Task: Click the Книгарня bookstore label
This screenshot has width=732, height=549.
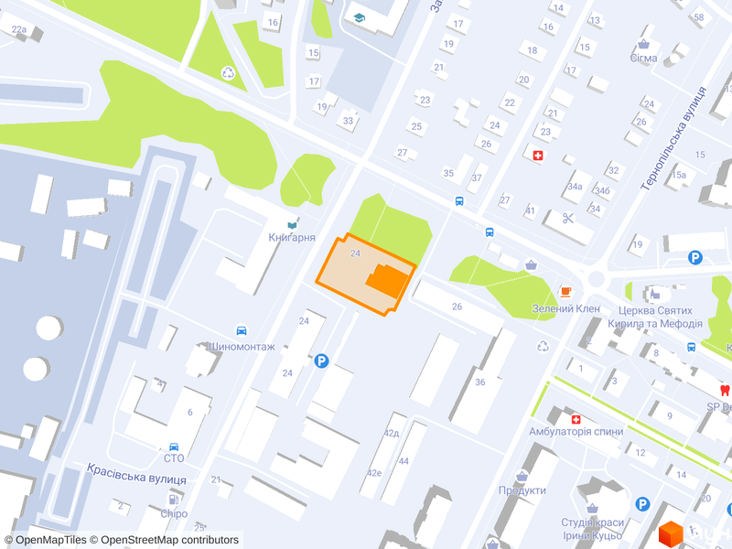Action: coord(292,238)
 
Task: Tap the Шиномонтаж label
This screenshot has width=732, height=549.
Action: coord(242,347)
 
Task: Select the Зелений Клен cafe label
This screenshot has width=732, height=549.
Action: coord(565,308)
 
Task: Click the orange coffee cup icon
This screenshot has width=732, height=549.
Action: coord(565,292)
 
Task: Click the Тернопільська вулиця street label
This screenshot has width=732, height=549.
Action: coord(674,138)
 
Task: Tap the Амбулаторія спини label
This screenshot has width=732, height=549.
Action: coord(576,432)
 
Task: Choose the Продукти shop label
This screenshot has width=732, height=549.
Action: coord(522,490)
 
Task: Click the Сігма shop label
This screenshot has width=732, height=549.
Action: coord(643,58)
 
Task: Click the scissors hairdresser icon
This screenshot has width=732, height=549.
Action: coord(567,218)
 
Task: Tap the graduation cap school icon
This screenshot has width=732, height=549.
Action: coord(360,17)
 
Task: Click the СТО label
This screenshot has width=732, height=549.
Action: coord(173,458)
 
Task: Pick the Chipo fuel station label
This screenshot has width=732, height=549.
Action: coord(174,513)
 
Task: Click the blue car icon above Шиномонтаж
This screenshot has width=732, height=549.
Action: coord(242,330)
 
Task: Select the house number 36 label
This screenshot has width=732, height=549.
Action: coord(480,382)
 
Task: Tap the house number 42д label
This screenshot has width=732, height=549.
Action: coord(393,433)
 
